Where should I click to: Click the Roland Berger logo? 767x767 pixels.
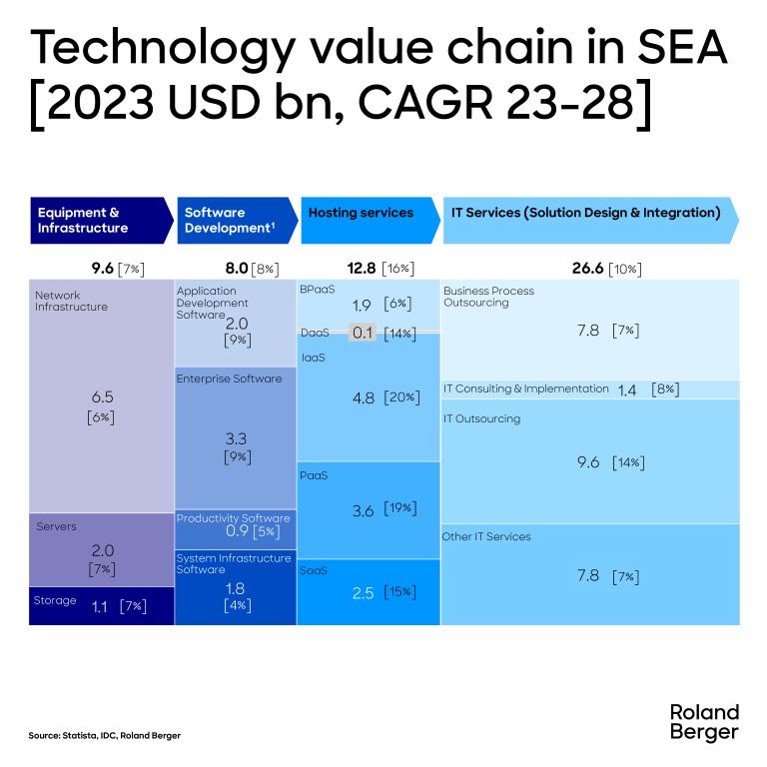pyautogui.click(x=703, y=721)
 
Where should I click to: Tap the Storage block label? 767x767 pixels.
pyautogui.click(x=56, y=601)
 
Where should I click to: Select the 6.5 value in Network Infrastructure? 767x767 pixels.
pyautogui.click(x=102, y=396)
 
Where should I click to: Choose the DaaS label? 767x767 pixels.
pyautogui.click(x=316, y=333)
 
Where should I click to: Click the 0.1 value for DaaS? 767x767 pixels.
pyautogui.click(x=362, y=333)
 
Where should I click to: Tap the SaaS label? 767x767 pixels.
pyautogui.click(x=314, y=570)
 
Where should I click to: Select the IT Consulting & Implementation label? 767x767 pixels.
pyautogui.click(x=525, y=388)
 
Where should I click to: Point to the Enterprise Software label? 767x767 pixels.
pyautogui.click(x=229, y=379)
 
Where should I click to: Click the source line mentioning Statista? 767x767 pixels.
pyautogui.click(x=105, y=736)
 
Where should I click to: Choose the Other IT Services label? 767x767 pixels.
pyautogui.click(x=486, y=536)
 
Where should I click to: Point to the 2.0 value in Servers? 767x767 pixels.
pyautogui.click(x=102, y=550)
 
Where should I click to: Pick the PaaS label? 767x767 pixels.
pyautogui.click(x=314, y=475)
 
